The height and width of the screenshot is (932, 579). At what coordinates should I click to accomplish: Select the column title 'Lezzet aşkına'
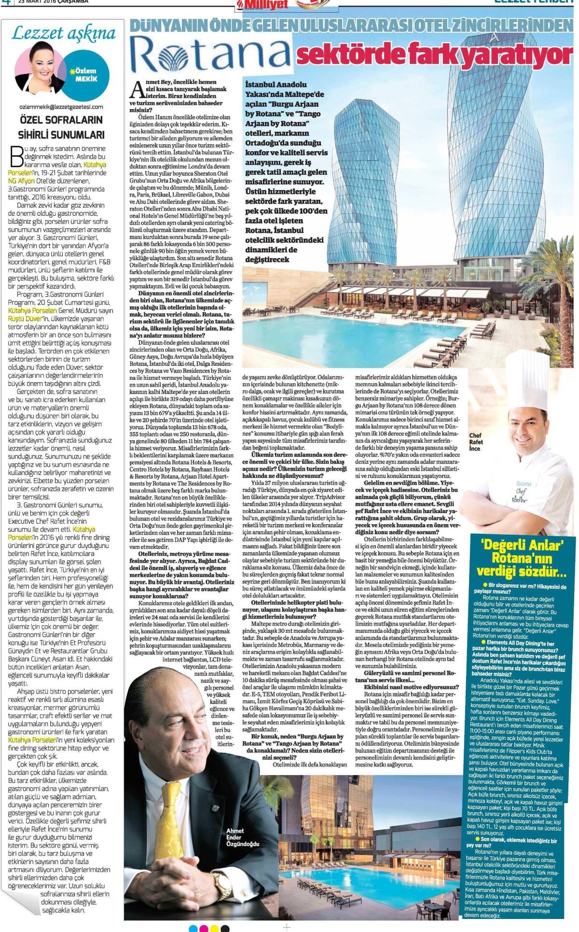tap(63, 33)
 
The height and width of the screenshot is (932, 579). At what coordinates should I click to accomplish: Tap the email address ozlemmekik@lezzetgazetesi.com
tap(61, 107)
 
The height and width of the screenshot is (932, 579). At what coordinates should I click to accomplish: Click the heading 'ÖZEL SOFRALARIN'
tap(61, 119)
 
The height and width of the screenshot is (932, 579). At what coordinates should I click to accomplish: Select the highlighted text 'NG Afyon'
tap(22, 181)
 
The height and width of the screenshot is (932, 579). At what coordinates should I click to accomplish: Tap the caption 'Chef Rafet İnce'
tap(475, 442)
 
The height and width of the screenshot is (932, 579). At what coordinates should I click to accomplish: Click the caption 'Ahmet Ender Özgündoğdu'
tap(242, 837)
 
